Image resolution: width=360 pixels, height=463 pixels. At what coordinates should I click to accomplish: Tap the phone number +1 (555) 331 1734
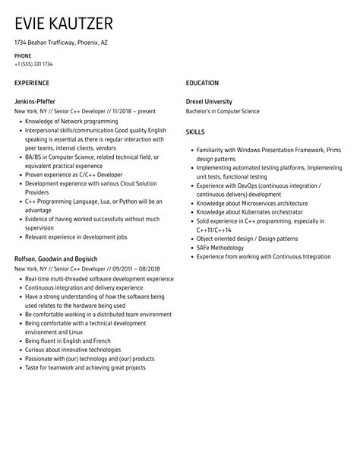click(x=34, y=65)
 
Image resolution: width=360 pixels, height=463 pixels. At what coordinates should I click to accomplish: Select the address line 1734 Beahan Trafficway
click(x=62, y=43)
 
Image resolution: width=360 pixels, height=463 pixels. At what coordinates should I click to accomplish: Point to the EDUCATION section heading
click(x=202, y=83)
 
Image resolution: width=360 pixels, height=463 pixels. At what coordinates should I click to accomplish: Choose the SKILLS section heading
click(x=196, y=132)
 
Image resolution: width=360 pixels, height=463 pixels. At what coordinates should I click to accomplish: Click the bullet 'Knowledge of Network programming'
click(x=71, y=121)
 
